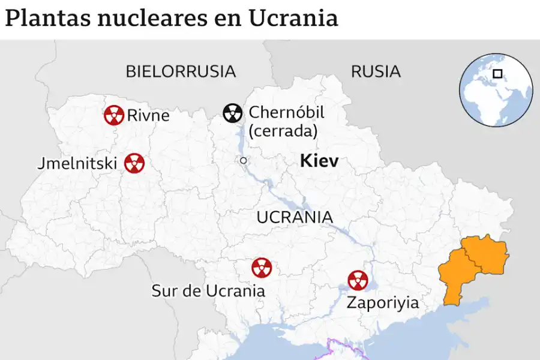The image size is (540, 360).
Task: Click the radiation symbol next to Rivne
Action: click(113, 115)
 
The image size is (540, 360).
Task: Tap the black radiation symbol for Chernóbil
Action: click(233, 112)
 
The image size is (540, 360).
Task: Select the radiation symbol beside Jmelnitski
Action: click(134, 163)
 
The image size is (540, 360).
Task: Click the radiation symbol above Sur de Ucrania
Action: click(262, 268)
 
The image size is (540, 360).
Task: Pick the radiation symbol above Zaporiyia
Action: click(358, 280)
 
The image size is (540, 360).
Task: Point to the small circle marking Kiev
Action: click(243, 160)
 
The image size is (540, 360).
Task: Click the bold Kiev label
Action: click(319, 161)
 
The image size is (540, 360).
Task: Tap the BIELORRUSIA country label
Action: click(181, 71)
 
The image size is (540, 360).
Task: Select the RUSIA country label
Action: click(376, 71)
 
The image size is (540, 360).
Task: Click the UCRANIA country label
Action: click(295, 217)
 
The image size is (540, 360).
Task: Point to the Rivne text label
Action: click(148, 115)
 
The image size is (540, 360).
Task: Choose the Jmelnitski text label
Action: click(77, 163)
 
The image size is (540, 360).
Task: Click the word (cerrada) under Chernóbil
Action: click(283, 131)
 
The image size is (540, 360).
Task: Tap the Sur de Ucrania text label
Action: click(208, 291)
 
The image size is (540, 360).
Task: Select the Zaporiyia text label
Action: click(383, 302)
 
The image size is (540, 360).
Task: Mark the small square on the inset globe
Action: click(497, 74)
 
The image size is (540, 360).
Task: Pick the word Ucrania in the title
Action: click(293, 19)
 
